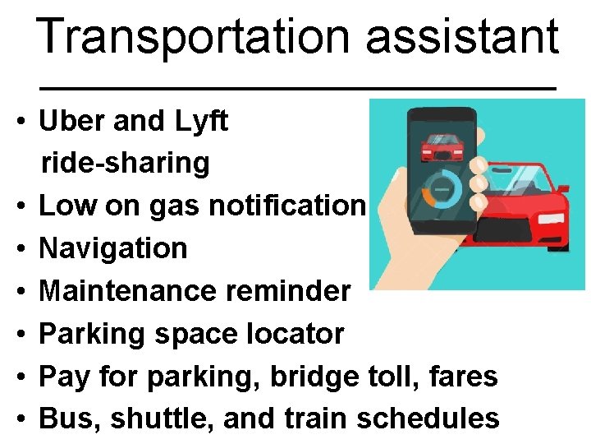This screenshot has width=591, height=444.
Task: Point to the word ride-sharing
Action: [x=126, y=163]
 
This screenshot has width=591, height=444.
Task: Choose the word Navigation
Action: [x=113, y=247]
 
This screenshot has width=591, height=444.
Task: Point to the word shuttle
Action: [x=149, y=419]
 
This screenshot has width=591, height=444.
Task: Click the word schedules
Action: [x=428, y=419]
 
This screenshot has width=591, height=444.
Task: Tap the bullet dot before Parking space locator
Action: [x=21, y=334]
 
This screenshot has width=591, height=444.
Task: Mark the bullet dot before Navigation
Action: [x=21, y=248]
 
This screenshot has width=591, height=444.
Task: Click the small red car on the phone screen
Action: [x=441, y=149]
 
